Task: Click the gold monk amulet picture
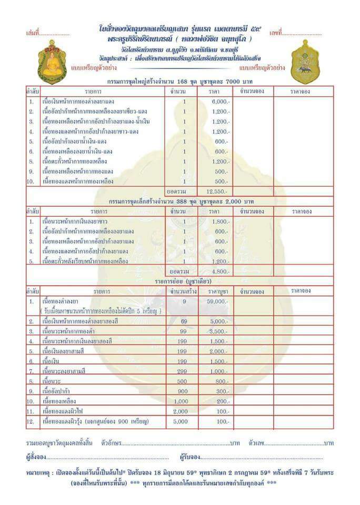tap(52, 62)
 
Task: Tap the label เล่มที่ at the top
tap(33, 33)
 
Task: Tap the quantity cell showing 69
tap(184, 321)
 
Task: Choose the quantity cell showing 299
tap(184, 371)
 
